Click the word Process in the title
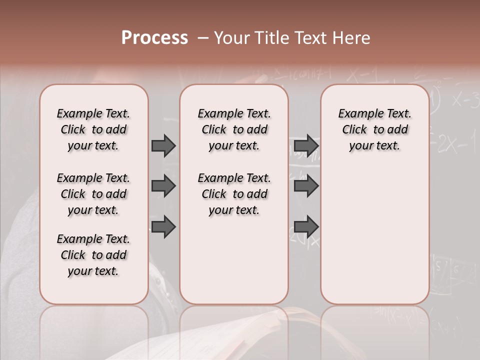tap(154, 38)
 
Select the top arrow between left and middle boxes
tap(163, 145)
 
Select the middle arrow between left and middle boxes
tap(163, 186)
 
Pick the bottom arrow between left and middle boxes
tap(163, 227)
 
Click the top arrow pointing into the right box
tap(306, 145)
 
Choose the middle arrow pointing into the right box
tap(306, 186)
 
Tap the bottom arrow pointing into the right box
tap(306, 227)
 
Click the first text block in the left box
tap(93, 129)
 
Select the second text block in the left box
tap(93, 194)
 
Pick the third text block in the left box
tap(93, 255)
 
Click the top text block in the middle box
tap(234, 129)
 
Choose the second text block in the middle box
tap(234, 194)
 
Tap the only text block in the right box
tap(374, 129)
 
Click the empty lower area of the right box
tap(374, 235)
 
